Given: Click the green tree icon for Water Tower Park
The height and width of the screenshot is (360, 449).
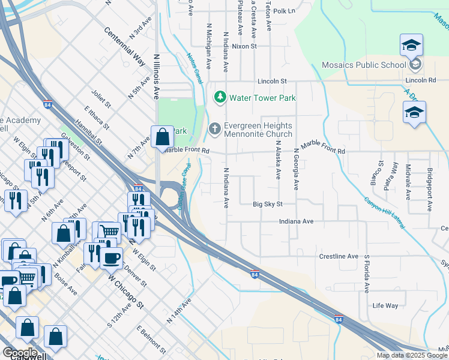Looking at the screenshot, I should coord(220,97).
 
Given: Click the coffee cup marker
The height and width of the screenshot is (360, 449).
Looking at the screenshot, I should coord(110,258).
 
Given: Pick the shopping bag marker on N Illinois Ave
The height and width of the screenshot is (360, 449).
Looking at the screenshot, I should coord(162,137).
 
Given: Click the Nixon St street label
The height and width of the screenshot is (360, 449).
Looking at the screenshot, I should coord(244,46).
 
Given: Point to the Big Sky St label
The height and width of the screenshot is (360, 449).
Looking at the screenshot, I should coord(267,204).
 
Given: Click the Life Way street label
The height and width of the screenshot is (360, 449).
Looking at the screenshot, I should coord(385,305).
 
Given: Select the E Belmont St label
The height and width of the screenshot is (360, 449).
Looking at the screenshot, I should coord(150,339).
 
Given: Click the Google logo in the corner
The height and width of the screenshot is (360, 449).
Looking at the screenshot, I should coord(19,353).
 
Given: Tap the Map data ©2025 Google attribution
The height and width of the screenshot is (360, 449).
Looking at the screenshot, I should coord(411,355).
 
